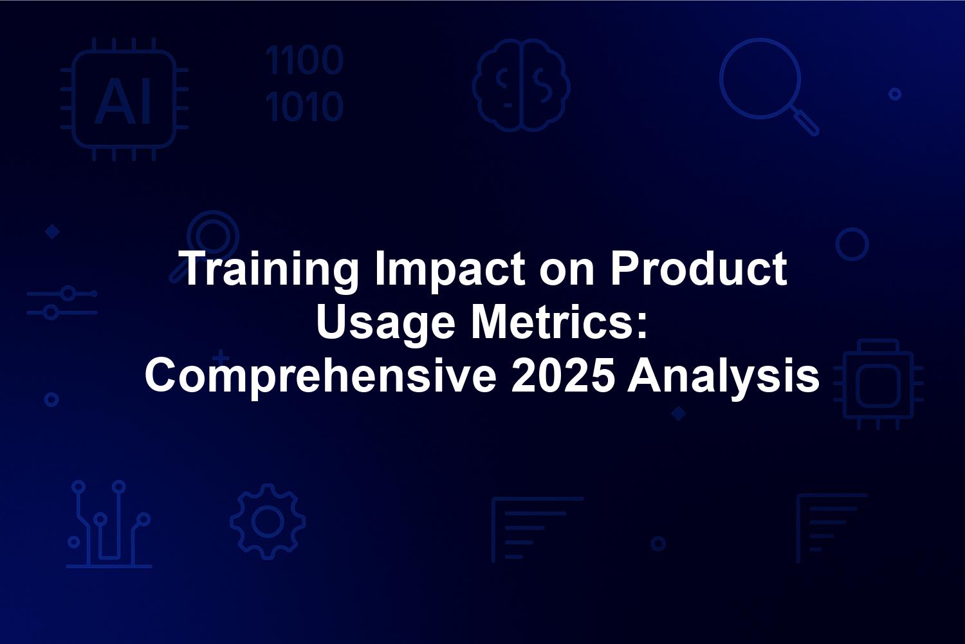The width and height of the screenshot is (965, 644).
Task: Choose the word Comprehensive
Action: [x=320, y=377]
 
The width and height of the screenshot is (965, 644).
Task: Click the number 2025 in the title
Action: [x=562, y=375]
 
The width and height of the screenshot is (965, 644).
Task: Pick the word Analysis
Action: [x=723, y=378]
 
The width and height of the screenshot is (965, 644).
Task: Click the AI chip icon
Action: [x=124, y=99]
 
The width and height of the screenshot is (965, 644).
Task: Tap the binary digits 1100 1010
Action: [x=304, y=83]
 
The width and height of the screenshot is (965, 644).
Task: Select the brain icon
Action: [x=521, y=85]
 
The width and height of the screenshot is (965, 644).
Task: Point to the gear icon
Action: [x=268, y=521]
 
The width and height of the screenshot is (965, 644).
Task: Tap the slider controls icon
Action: [x=62, y=303]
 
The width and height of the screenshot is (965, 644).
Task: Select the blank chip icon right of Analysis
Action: [x=878, y=384]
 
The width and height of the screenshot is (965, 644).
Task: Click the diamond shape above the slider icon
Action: [x=53, y=232]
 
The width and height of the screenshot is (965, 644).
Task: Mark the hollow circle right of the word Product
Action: [x=852, y=244]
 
